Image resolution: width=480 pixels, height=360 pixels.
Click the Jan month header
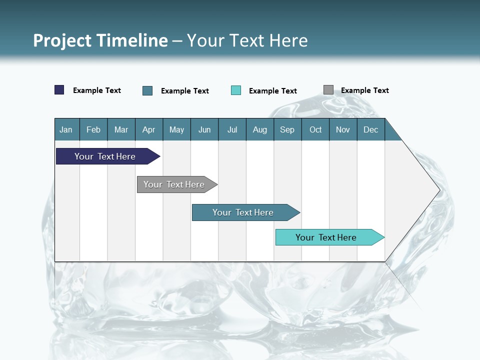(x=66, y=129)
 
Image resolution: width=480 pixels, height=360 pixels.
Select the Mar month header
(x=121, y=129)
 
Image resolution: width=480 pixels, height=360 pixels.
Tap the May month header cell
(x=176, y=129)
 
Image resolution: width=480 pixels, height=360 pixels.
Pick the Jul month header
(x=232, y=129)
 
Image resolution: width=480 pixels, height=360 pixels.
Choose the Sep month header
(x=287, y=129)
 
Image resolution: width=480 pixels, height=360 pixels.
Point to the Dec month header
(x=370, y=129)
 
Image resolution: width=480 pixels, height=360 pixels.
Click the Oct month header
(x=315, y=129)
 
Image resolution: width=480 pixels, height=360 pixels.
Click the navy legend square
(x=59, y=90)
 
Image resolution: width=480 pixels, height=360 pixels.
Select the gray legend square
(x=328, y=90)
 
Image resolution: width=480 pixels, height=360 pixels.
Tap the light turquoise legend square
(x=236, y=90)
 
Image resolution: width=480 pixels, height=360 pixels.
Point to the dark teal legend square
(x=147, y=90)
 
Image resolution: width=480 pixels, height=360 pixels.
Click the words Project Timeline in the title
(x=100, y=40)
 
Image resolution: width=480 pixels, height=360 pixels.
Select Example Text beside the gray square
(x=364, y=90)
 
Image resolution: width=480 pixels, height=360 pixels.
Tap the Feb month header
(x=93, y=129)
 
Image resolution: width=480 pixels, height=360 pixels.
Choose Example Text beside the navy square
(x=97, y=90)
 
